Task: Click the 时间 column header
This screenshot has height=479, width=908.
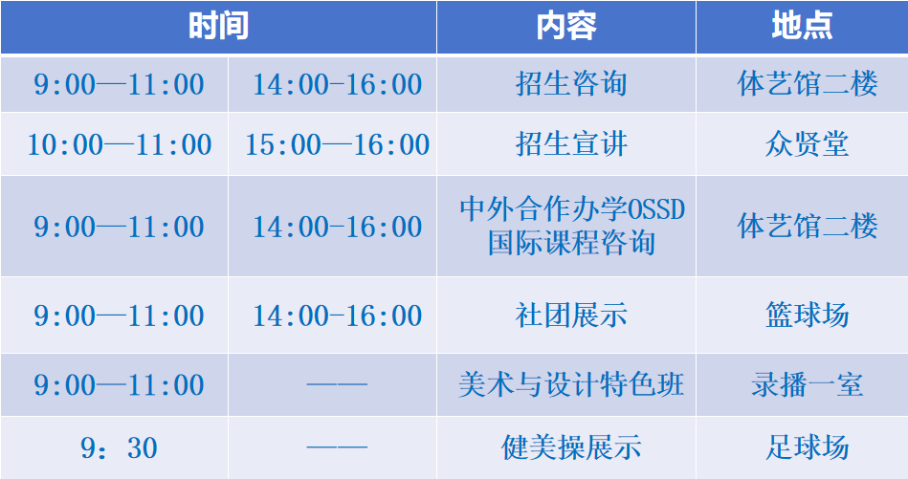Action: coord(218,26)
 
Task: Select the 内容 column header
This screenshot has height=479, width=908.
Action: coord(565,26)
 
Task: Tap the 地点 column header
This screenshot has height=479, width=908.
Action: coord(802,26)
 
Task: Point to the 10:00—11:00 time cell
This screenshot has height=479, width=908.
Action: coord(120,144)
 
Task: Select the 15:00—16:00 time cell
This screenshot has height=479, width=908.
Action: coord(337,144)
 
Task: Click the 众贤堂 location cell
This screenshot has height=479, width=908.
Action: coord(807,144)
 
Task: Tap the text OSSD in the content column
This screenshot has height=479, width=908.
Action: coord(656,208)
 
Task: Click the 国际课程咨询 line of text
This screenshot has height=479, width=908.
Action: coord(571,243)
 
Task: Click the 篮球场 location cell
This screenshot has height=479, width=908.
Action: coord(807,316)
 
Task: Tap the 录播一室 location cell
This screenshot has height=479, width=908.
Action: coord(807,384)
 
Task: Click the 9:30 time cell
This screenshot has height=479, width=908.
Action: coord(120,447)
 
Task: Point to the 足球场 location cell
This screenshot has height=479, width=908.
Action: coord(807,447)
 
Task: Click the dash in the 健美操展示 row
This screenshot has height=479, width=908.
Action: coord(337,446)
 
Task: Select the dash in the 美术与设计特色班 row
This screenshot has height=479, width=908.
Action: coord(337,383)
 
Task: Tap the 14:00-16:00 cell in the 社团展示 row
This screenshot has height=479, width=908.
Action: coord(337,316)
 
